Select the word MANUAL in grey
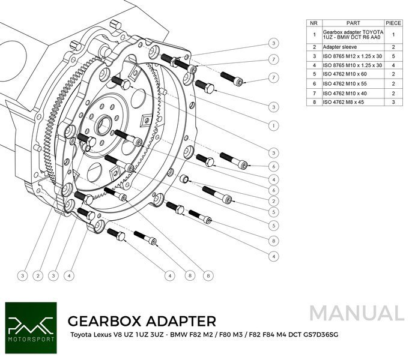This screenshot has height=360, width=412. coord(357,313)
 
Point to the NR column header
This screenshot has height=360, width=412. coord(313,23)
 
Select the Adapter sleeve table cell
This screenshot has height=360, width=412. coord(342,46)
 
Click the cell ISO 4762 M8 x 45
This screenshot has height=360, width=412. coord(347,103)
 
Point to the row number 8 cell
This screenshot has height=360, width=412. coord(313,103)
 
